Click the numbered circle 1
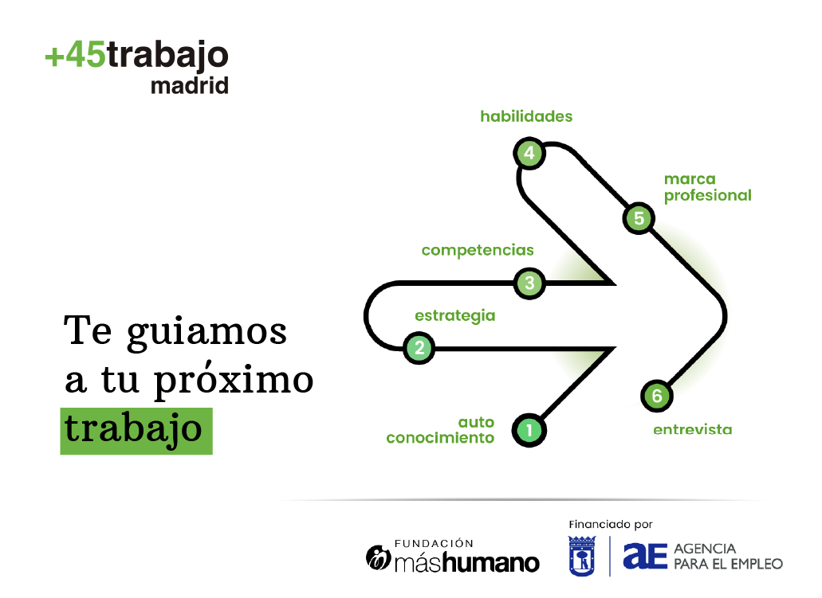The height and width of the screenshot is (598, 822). point(529,431)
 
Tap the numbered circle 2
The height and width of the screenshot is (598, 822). point(419,348)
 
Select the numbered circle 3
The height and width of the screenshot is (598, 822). point(529,283)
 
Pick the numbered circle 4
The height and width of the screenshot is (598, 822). point(529,153)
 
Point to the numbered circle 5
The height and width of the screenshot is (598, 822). point(639,218)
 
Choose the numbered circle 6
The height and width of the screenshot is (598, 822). point(657,396)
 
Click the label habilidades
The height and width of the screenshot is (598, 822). point(526,116)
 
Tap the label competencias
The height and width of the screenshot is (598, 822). point(478,250)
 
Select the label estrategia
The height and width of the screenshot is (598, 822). point(455,316)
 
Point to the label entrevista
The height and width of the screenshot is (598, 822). point(693,430)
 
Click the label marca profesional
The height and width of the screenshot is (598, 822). point(708,187)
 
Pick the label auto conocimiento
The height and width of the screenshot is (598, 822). point(440,430)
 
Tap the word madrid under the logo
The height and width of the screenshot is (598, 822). point(190,85)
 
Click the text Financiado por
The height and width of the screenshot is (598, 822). point(611,524)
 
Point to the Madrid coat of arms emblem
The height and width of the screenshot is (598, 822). point(582,556)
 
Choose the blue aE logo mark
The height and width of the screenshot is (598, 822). point(645,556)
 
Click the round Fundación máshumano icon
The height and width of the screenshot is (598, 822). point(378,557)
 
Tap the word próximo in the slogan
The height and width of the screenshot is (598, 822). point(234,380)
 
